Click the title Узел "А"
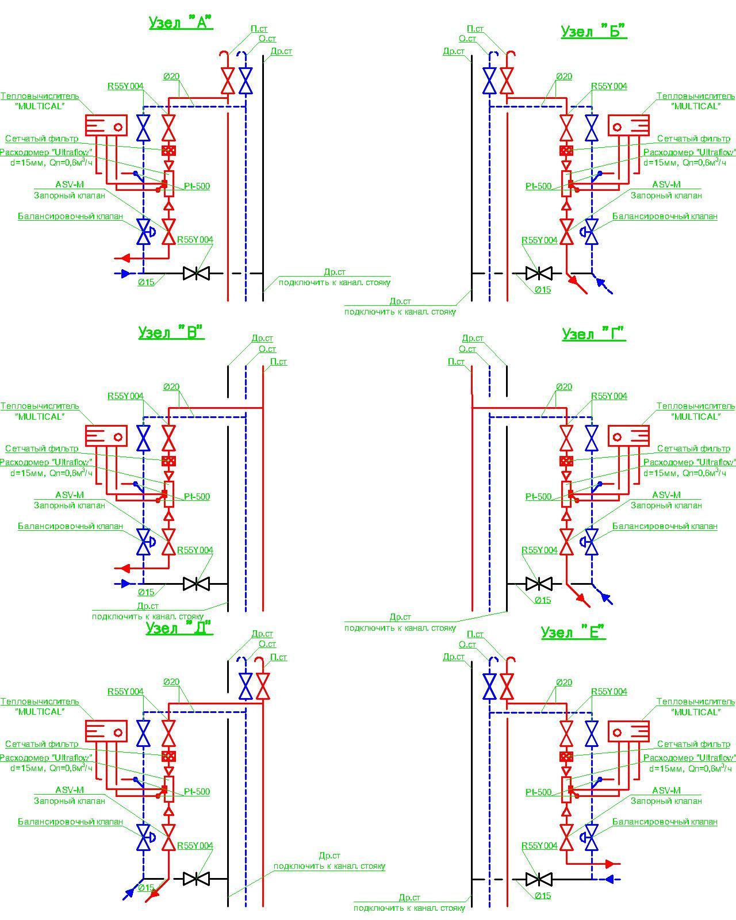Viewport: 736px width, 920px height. [x=181, y=23]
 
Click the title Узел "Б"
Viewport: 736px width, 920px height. [x=593, y=31]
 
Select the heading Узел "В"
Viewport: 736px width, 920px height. [x=171, y=333]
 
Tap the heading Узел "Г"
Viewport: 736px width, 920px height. [x=593, y=334]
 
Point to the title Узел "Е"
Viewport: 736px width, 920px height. [x=573, y=632]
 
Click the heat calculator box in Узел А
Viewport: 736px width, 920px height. [x=106, y=125]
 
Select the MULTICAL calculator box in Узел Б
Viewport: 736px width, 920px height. [x=629, y=125]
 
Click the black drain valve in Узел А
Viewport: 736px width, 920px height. [x=195, y=273]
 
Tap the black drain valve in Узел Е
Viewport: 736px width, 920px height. [x=539, y=879]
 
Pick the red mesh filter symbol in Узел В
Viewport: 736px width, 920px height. [x=168, y=461]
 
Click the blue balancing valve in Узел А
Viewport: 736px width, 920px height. [x=144, y=232]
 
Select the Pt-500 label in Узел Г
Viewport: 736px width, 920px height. [x=538, y=497]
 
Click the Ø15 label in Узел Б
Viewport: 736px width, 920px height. [x=543, y=290]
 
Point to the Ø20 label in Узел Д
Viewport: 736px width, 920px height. [x=171, y=682]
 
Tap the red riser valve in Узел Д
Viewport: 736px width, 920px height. [x=263, y=686]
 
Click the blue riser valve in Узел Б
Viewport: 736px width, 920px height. [x=489, y=80]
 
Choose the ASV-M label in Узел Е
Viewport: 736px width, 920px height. [x=666, y=791]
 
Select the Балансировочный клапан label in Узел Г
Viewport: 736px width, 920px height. [x=665, y=526]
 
